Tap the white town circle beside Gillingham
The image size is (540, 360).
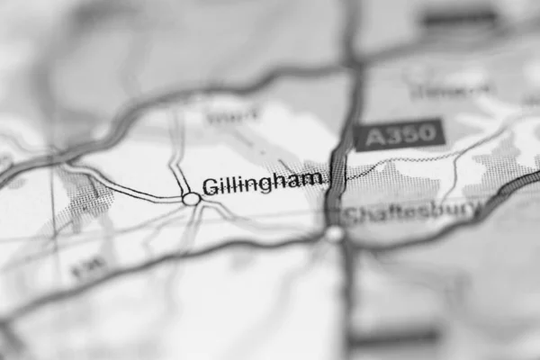(191, 199)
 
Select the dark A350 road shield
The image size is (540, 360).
(399, 135)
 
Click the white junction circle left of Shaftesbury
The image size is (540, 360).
(335, 234)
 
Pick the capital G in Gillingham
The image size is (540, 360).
(210, 185)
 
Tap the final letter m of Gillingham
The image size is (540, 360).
(312, 180)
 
